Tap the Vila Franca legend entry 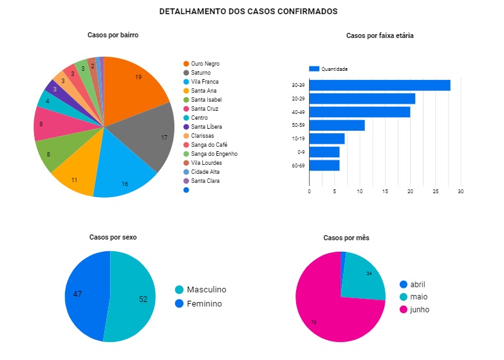coord(204,82)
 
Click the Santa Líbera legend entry coord(206,127)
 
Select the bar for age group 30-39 coord(379,85)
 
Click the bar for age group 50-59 coord(337,125)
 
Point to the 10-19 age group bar coord(326,138)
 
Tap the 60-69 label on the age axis coord(298,166)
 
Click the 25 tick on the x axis coord(435,191)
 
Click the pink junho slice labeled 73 coord(328,309)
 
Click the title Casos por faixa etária coord(379,35)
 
